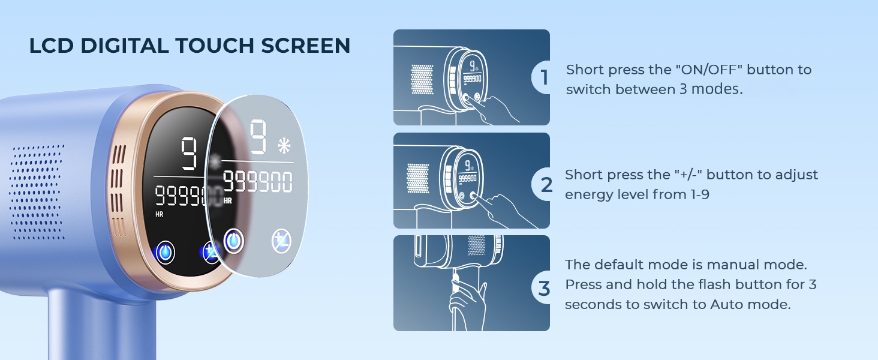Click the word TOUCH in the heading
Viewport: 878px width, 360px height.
(215, 46)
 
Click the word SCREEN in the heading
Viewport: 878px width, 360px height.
(306, 46)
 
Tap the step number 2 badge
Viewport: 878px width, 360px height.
(545, 184)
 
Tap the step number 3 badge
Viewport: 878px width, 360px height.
(544, 288)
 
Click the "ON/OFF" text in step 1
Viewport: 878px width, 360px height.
(709, 70)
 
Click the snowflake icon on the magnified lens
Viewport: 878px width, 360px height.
(284, 146)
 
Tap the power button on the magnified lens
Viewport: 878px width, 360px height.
(234, 241)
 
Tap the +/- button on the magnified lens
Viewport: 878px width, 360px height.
(281, 241)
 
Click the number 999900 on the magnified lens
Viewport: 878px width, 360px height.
(257, 182)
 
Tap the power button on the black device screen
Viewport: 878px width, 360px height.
(165, 253)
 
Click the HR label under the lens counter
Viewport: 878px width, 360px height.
(227, 201)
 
